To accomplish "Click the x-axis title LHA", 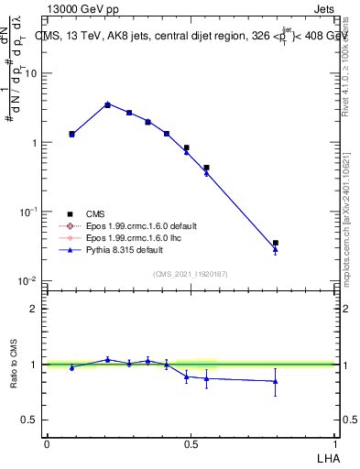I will [327, 457].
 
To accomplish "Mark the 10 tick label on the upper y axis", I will [31, 73].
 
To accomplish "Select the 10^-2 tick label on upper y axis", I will [29, 280].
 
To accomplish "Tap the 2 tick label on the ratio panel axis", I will [35, 309].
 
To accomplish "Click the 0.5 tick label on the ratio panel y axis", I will [31, 420].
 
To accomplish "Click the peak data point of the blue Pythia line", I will [107, 104].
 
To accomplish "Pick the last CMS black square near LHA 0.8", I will [275, 243].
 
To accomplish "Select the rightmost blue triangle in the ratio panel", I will [275, 381].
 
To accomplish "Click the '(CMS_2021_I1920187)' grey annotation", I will [191, 273].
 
